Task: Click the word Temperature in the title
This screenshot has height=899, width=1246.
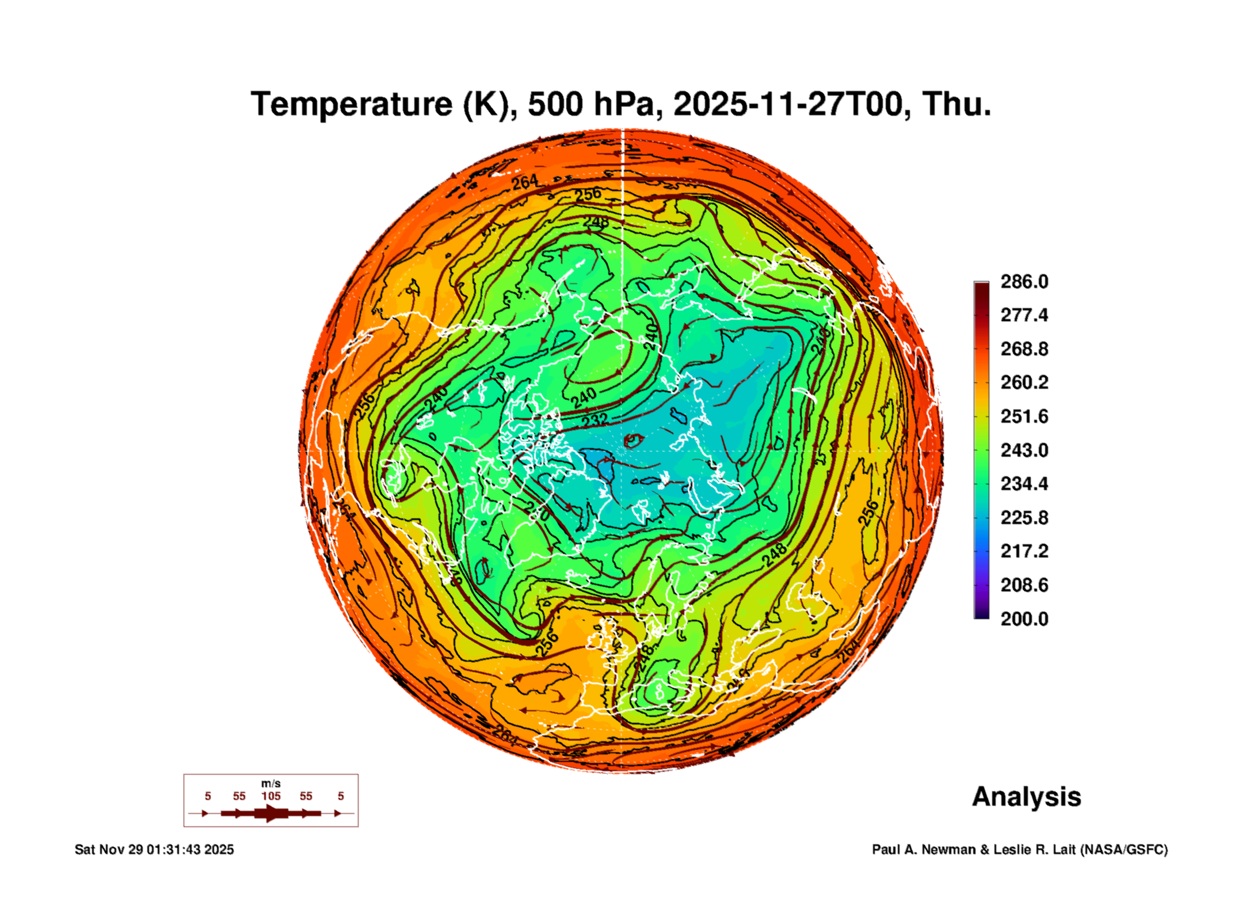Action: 352,104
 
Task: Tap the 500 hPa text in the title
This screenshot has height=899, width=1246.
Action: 590,104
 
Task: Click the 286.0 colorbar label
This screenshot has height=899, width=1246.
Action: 1024,282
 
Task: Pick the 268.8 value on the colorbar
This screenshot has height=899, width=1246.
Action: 1024,349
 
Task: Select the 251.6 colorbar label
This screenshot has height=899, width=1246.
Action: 1024,416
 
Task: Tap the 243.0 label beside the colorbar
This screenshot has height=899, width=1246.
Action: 1024,450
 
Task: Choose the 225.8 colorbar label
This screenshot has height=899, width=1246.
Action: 1024,518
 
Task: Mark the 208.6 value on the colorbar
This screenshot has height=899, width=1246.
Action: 1024,585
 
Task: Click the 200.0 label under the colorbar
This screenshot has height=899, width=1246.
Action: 1024,619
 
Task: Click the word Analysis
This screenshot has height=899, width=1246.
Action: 1026,796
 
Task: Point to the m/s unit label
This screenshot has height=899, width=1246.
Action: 270,783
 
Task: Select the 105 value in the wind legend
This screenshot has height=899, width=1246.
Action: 270,796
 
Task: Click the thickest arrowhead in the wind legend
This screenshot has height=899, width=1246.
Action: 272,813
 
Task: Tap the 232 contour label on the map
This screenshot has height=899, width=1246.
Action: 594,420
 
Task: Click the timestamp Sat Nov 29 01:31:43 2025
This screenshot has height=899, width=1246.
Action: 154,849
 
